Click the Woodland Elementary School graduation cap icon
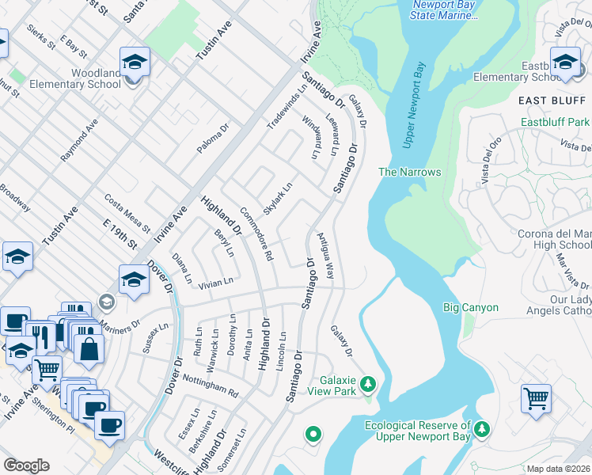[135, 62]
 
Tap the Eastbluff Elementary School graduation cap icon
[565, 62]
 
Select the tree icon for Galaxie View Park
[367, 386]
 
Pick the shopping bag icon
[89, 348]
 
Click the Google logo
[27, 465]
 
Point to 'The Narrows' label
[409, 172]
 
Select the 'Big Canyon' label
[471, 307]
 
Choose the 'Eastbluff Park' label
[556, 123]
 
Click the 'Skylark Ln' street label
[278, 197]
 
